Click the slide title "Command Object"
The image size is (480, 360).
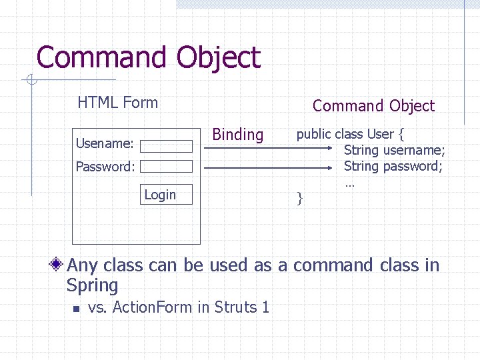[x=148, y=57]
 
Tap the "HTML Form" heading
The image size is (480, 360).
[x=117, y=103]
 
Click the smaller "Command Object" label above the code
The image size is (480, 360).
[x=373, y=106]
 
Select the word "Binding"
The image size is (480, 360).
[x=237, y=135]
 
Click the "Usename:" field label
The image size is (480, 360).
[x=105, y=143]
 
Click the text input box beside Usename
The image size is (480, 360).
[x=166, y=147]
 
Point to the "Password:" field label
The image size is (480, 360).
[x=105, y=167]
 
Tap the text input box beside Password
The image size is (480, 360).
[x=166, y=167]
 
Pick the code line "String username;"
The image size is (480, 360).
[x=394, y=150]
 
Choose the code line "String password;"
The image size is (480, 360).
[x=393, y=166]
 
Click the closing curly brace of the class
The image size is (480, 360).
[x=300, y=197]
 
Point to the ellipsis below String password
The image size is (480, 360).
[x=349, y=183]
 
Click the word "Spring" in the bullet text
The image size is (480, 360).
[x=92, y=286]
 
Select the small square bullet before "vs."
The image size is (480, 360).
[x=77, y=309]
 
